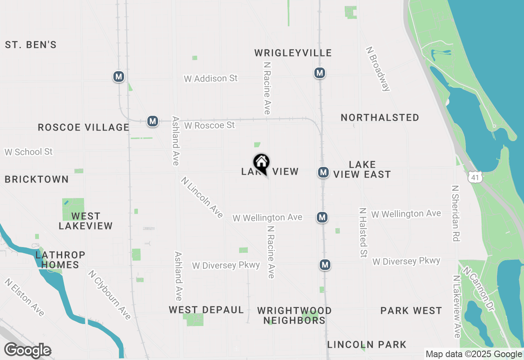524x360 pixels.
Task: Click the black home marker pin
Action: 261,163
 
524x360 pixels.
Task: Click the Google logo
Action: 27,351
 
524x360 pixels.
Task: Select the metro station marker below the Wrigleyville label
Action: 319,73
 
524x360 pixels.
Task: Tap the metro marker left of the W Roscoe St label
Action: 153,121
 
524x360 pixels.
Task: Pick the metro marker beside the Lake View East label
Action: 323,172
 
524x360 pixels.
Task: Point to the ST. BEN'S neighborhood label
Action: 31,45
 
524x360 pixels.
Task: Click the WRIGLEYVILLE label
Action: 293,53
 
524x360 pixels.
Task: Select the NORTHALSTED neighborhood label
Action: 380,118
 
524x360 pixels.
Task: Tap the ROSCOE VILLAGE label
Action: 84,128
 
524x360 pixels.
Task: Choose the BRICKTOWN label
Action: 37,180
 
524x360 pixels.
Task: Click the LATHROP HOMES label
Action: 60,260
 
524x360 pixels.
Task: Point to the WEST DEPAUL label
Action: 206,310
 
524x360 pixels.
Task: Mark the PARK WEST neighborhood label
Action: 411,310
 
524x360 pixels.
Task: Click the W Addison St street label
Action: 210,78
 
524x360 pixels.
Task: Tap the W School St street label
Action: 29,152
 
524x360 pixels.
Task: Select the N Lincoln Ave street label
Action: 202,198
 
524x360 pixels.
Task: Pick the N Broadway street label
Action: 378,68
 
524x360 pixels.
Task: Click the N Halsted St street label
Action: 362,232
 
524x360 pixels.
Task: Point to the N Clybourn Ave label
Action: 109,295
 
